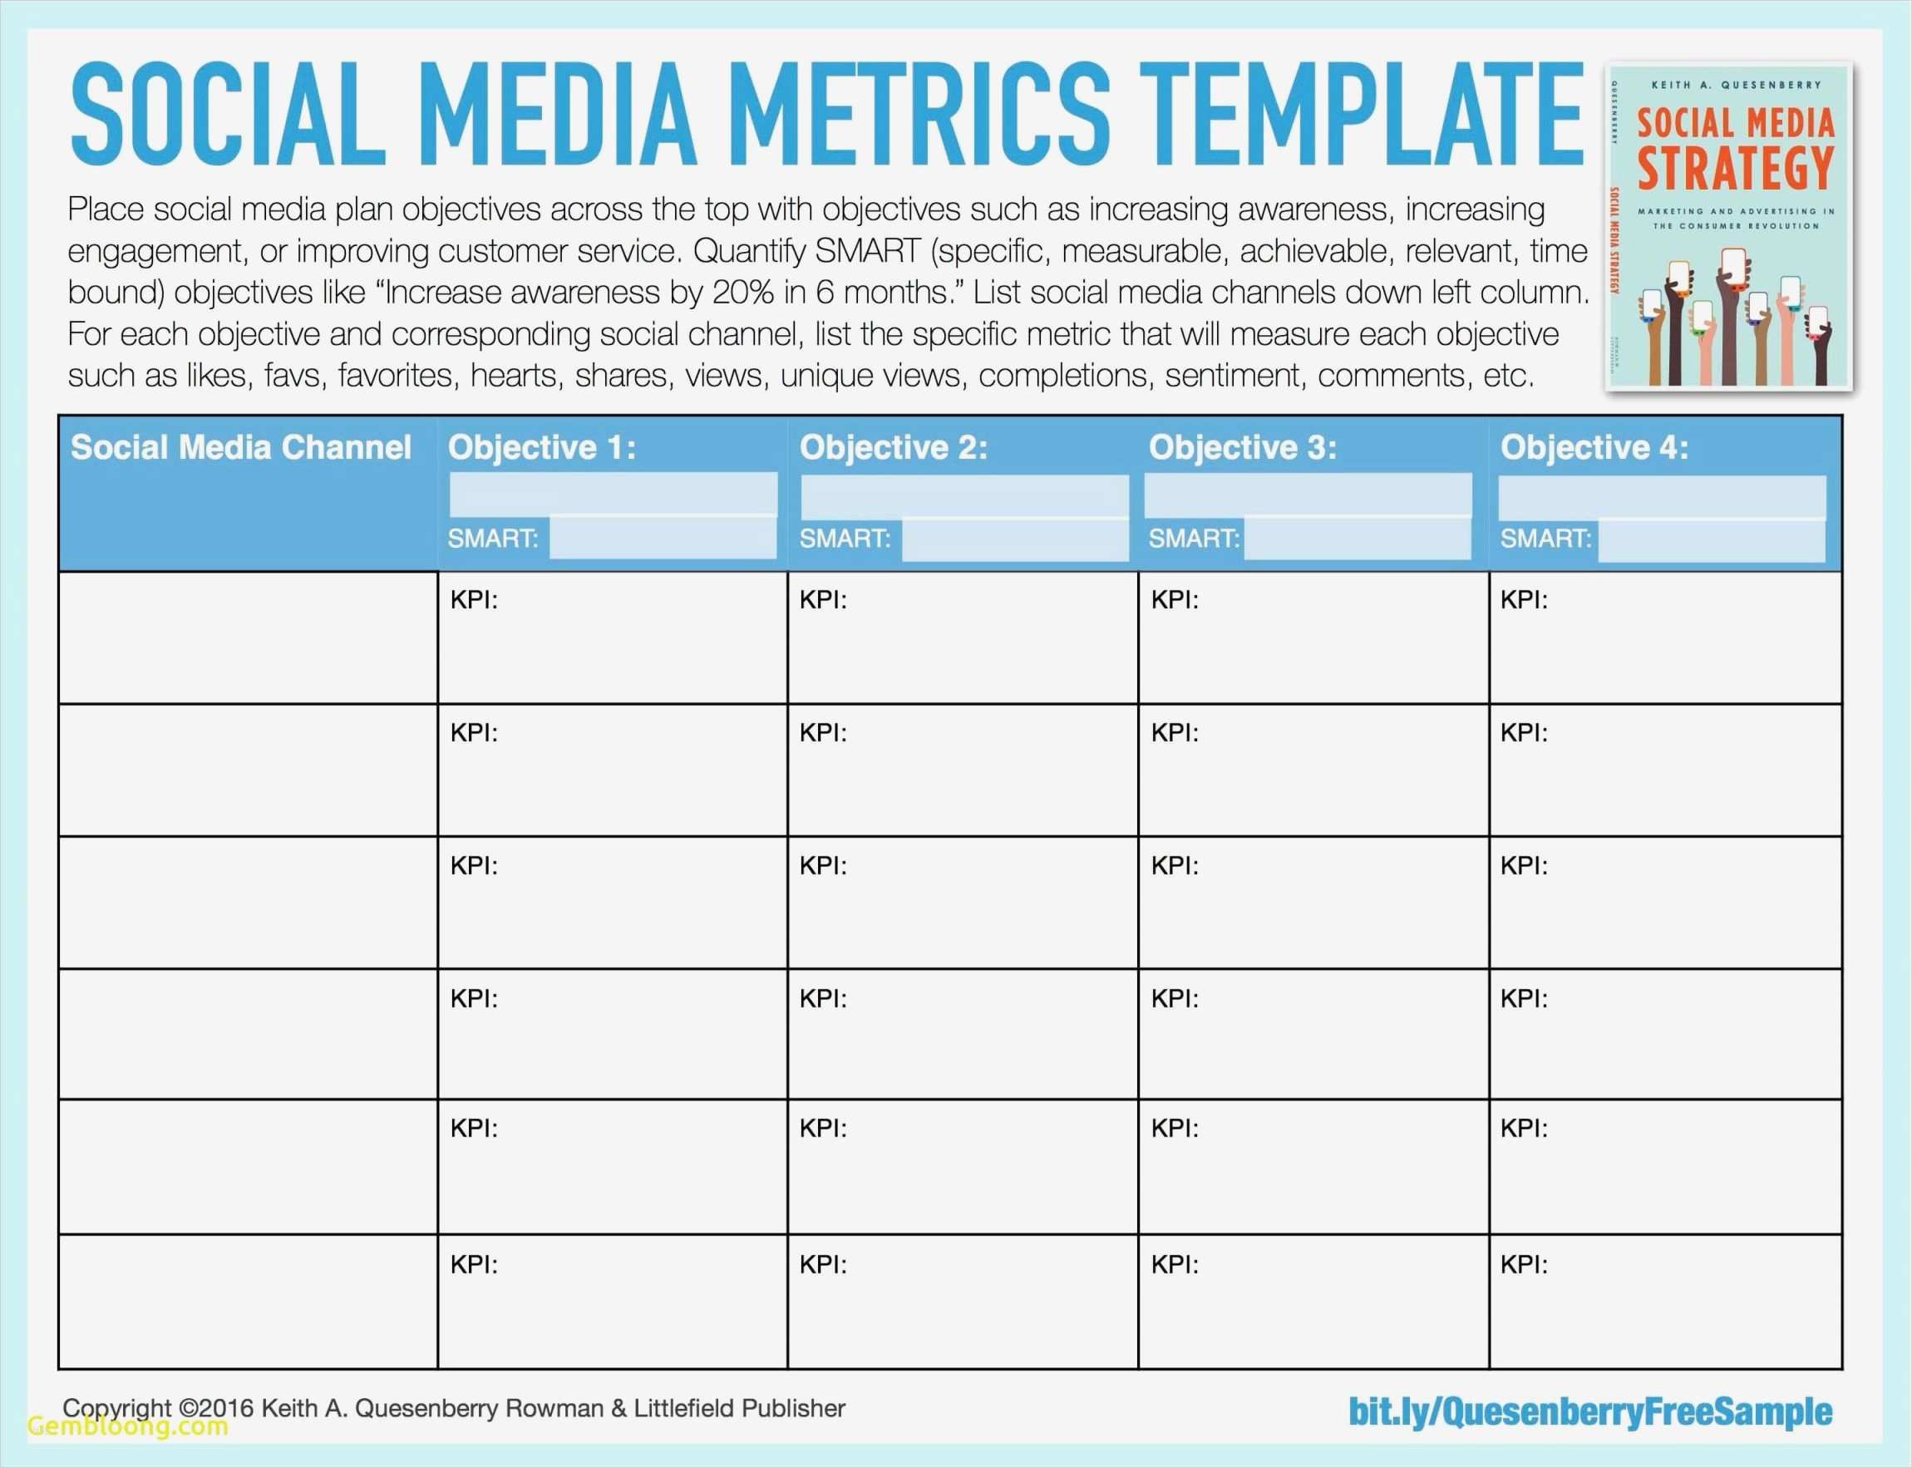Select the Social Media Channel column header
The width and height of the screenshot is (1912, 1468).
[x=240, y=447]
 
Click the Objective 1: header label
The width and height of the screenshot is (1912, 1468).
[x=542, y=447]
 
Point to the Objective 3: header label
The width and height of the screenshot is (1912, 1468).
[x=1242, y=447]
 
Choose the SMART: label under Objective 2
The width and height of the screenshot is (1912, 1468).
[x=844, y=539]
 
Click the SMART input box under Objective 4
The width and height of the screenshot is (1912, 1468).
[x=1710, y=540]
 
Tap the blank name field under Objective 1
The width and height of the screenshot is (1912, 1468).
[x=613, y=493]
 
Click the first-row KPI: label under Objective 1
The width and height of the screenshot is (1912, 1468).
[x=474, y=600]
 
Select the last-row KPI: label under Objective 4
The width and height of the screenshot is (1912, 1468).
[x=1523, y=1264]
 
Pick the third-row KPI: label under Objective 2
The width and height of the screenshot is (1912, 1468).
[x=822, y=866]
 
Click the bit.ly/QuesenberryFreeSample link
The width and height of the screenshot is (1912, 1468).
[x=1589, y=1411]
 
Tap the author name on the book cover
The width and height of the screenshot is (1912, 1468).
[x=1736, y=85]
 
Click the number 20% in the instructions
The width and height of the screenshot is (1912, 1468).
[x=743, y=293]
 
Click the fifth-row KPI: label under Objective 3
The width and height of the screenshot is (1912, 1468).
[x=1174, y=1129]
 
